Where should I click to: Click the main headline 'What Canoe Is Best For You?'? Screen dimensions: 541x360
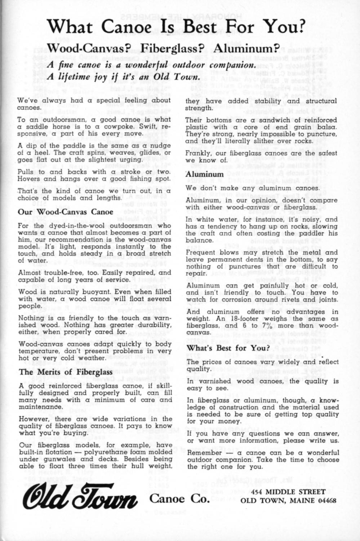point(176,27)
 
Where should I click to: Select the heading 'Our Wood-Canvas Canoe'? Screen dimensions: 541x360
point(66,212)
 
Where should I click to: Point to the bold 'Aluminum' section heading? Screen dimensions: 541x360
point(205,174)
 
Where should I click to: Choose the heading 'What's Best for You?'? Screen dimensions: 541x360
point(228,348)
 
